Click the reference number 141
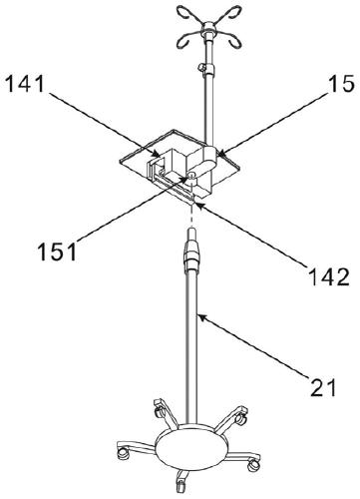point(25,84)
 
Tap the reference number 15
point(342,84)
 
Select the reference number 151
point(57,251)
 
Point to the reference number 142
point(329,276)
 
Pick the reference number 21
point(323,387)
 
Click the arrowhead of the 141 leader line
point(157,154)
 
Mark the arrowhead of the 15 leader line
point(220,154)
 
